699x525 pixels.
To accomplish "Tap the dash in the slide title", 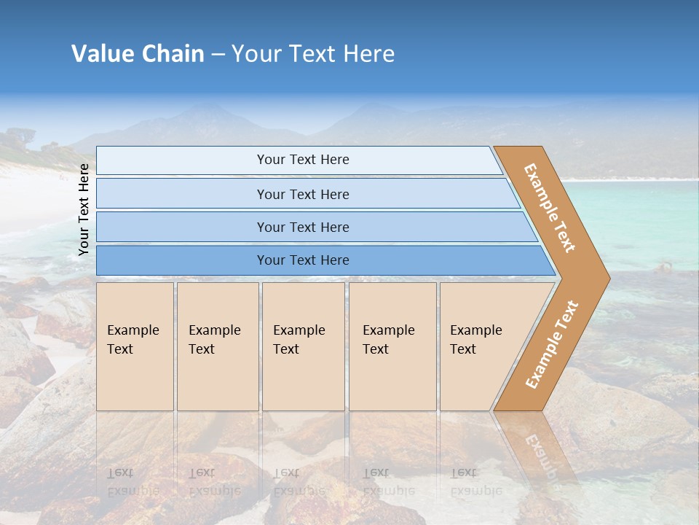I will (x=218, y=55).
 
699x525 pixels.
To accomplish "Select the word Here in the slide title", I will (x=368, y=54).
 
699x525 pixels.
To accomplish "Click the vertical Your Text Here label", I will (x=84, y=209).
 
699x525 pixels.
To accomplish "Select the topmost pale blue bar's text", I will (x=303, y=160).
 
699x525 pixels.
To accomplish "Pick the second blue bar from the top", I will (x=303, y=194).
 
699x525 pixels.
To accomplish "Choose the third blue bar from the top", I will (x=303, y=227).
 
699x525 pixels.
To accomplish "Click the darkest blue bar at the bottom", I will (x=303, y=260).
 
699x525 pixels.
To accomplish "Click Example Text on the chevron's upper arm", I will (x=550, y=207).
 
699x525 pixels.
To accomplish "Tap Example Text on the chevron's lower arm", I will (x=552, y=344).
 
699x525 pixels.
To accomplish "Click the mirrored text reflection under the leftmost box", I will (x=133, y=481).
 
